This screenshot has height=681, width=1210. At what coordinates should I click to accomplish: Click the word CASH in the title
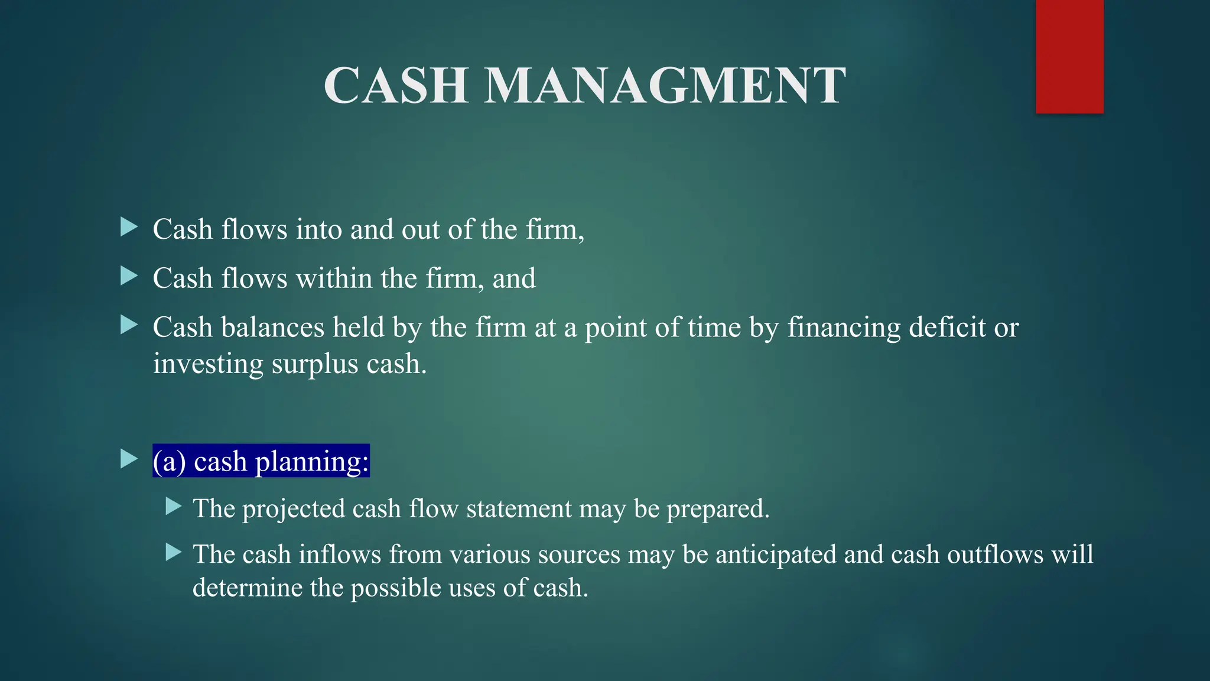(396, 86)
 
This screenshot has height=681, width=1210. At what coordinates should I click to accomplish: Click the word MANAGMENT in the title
(665, 86)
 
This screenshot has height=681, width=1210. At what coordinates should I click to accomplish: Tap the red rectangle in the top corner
(1069, 56)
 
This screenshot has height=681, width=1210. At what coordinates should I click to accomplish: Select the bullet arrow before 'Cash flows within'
(128, 275)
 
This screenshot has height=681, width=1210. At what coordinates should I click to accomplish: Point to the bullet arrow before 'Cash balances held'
(128, 325)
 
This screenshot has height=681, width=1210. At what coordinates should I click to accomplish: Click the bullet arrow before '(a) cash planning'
(128, 459)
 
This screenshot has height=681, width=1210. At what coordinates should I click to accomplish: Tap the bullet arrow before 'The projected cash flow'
(173, 506)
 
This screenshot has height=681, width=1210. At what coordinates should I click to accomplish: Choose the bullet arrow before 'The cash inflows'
(173, 552)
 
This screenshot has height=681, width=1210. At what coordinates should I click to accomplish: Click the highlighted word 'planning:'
(311, 462)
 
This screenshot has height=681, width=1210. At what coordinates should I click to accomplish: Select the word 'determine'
(248, 588)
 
